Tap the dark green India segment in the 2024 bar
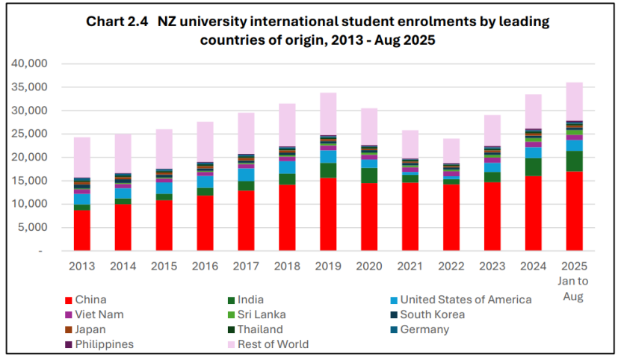pos(533,167)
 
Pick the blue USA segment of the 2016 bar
pos(205,181)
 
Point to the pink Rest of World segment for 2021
pos(410,144)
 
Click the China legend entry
pos(90,300)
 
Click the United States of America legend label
pos(466,300)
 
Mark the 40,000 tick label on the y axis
pos(30,63)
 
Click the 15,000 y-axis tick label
pos(30,181)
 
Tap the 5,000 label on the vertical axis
pos(33,228)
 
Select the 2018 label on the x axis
pos(287,266)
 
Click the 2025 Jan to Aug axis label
pos(573,281)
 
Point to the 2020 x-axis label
pos(368,266)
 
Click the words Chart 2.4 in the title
pos(117,22)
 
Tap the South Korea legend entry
pos(432,314)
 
